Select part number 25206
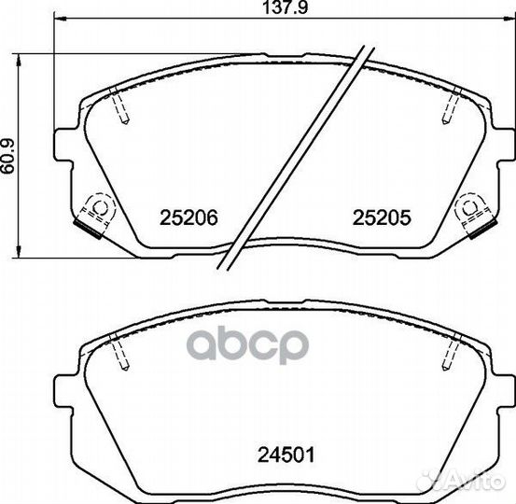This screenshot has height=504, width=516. [x=188, y=217]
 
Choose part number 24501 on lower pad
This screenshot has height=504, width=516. [x=286, y=456]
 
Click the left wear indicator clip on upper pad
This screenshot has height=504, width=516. [x=94, y=212]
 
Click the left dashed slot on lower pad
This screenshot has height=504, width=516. [x=118, y=353]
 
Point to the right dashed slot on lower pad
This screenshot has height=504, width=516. [x=452, y=353]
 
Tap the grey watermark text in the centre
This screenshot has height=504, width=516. [x=246, y=343]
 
